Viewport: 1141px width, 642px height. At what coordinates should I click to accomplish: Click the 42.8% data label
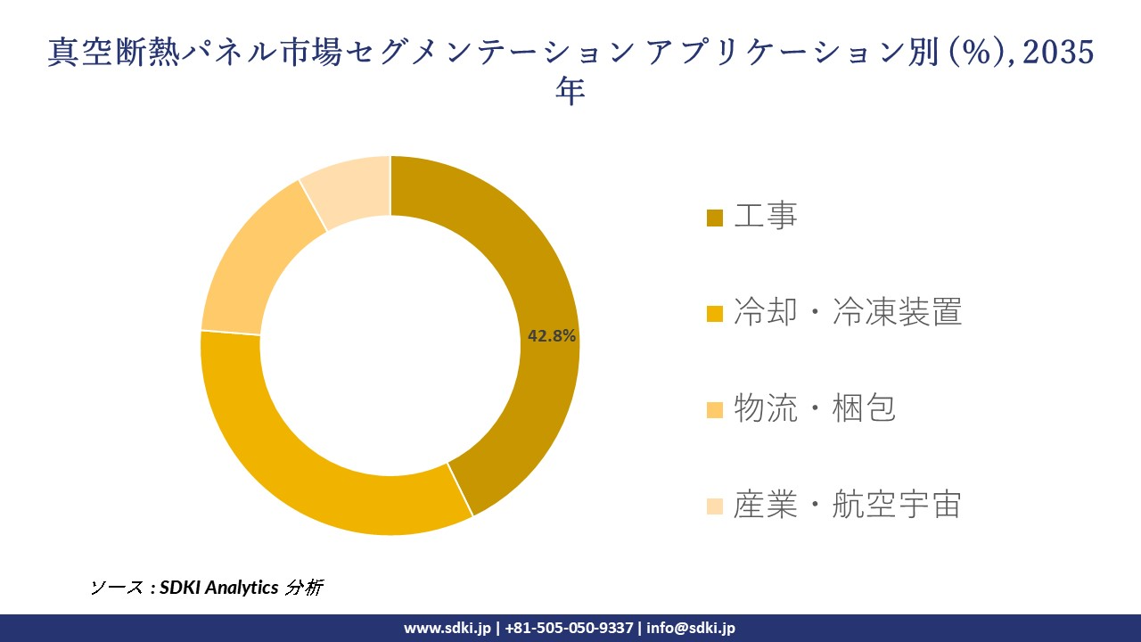(x=552, y=336)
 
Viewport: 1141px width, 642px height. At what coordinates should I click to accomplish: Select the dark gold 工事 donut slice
(x=535, y=267)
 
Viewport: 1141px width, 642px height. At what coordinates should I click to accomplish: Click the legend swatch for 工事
(x=714, y=218)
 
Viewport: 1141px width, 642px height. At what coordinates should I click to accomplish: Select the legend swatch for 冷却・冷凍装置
(x=714, y=314)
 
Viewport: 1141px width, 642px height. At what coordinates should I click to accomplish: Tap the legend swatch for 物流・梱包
(x=714, y=410)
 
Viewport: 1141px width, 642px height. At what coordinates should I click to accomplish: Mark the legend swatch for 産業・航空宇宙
(x=714, y=506)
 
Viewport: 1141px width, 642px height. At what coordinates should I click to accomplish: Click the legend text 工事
(x=765, y=216)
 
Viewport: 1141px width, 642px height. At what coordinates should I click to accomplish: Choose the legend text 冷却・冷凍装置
(x=847, y=312)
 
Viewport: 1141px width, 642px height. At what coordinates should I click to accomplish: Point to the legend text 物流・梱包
(x=814, y=408)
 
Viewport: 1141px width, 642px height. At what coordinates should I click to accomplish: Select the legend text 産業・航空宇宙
(x=847, y=505)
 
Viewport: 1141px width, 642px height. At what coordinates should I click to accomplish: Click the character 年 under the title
(x=570, y=91)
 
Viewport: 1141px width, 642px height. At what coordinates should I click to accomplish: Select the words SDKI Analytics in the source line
(x=219, y=588)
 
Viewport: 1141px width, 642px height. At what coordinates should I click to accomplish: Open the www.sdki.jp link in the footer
(x=447, y=628)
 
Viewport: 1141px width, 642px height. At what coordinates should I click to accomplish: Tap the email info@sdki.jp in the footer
(x=691, y=628)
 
